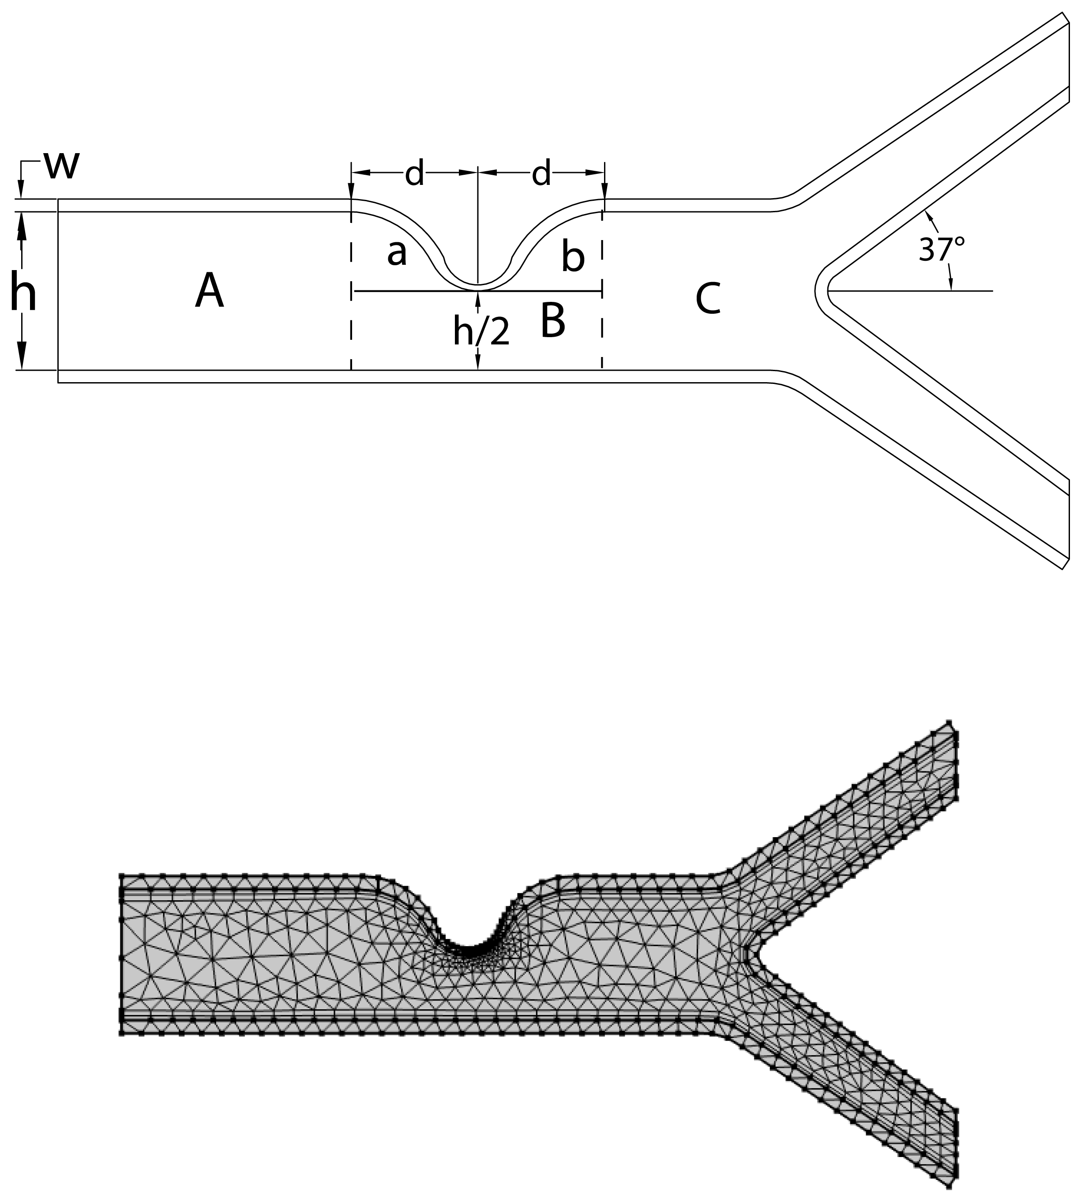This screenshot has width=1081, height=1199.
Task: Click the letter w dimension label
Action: click(x=61, y=166)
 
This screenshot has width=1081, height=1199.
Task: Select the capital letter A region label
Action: click(x=209, y=291)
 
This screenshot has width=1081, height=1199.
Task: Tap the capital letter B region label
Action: click(x=552, y=321)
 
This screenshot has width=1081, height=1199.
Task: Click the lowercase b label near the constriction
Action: click(x=573, y=259)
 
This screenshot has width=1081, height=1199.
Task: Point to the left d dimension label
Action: click(x=415, y=173)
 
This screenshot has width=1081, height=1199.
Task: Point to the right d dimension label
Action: click(x=541, y=173)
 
